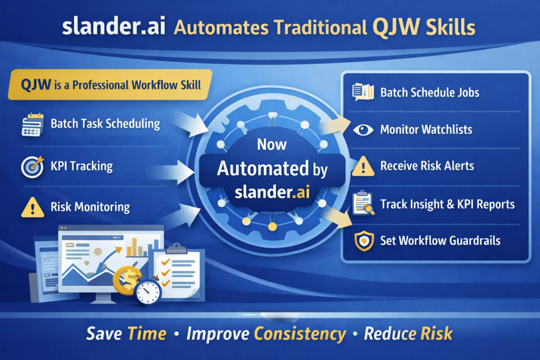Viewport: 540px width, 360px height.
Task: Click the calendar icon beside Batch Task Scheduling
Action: pyautogui.click(x=32, y=125)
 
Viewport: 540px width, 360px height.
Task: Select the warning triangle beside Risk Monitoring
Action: pyautogui.click(x=32, y=207)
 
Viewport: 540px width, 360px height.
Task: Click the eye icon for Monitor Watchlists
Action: pyautogui.click(x=363, y=130)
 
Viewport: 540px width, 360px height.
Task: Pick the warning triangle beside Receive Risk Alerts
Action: pyautogui.click(x=363, y=167)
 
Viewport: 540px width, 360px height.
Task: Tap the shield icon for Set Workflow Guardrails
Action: pyautogui.click(x=363, y=241)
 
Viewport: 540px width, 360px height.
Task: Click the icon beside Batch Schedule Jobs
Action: pyautogui.click(x=363, y=92)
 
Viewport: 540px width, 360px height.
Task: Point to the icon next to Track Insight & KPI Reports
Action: pyautogui.click(x=363, y=203)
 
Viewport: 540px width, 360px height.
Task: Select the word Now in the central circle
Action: pyautogui.click(x=272, y=144)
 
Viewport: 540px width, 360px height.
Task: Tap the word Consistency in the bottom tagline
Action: pyautogui.click(x=301, y=334)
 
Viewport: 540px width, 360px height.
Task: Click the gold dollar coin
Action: pyautogui.click(x=127, y=278)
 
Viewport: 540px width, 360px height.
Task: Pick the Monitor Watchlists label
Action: pyautogui.click(x=426, y=130)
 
